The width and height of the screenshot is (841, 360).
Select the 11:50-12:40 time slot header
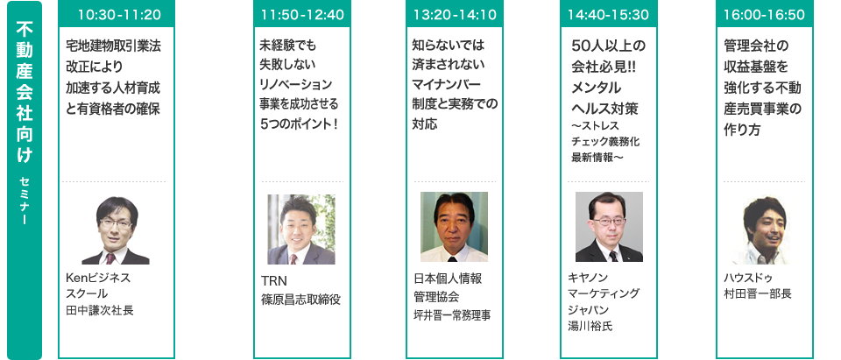300,15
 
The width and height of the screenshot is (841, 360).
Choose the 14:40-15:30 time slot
608,15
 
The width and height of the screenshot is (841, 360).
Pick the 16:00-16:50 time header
760,15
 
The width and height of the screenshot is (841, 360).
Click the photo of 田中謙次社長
115,229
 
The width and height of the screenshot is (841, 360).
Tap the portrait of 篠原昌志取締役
300,229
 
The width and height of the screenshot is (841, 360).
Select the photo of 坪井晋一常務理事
454,226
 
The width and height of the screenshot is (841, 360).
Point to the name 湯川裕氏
591,327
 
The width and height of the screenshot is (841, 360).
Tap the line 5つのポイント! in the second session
300,124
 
